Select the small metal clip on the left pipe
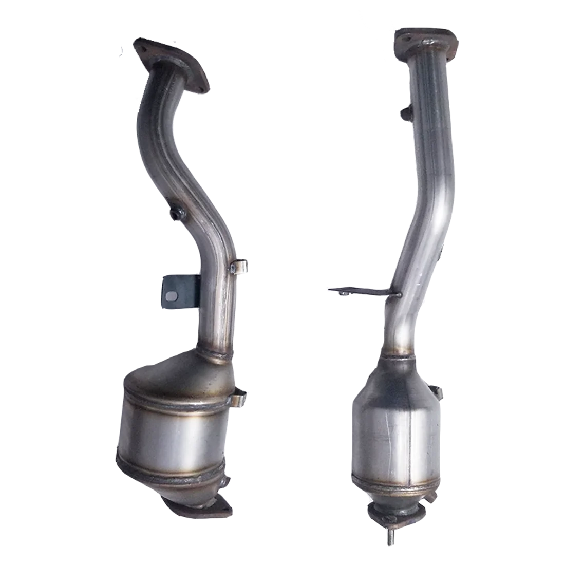point(240,267)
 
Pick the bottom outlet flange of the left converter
point(198,506)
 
